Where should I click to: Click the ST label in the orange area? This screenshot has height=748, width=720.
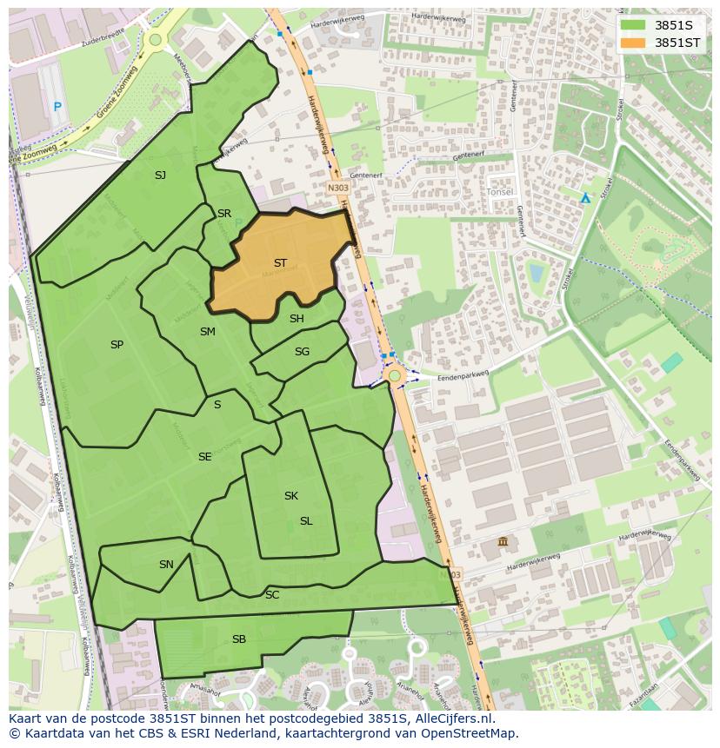coord(280,262)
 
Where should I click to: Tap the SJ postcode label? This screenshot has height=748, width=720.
coord(160,175)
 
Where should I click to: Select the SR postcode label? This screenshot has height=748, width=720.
coord(224,214)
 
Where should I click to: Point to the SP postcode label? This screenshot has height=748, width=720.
coord(117,345)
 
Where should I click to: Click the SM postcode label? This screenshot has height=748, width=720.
coord(207,332)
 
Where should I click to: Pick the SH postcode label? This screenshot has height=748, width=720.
coord(297,319)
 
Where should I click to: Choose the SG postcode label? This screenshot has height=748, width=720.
coord(302,352)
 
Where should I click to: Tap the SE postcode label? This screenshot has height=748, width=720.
coord(204,457)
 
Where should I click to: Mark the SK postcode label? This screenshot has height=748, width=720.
coord(291,496)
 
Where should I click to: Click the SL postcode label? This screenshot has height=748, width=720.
coord(306,521)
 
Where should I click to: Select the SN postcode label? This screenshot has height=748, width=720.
coord(166,565)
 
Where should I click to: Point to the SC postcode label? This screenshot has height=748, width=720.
coord(272,595)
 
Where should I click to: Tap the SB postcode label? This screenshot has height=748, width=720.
coord(239,639)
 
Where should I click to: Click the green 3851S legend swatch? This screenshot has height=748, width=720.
coord(633,24)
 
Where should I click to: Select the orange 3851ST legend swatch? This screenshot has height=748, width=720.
coord(633,42)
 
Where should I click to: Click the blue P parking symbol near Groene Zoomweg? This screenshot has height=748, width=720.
coord(57,107)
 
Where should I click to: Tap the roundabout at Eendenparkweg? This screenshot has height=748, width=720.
coord(395,375)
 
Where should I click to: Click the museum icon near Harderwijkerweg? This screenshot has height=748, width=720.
coord(503,543)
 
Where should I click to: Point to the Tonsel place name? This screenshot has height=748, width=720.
coord(500,191)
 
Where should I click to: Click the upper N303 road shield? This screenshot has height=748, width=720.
coord(337,187)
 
